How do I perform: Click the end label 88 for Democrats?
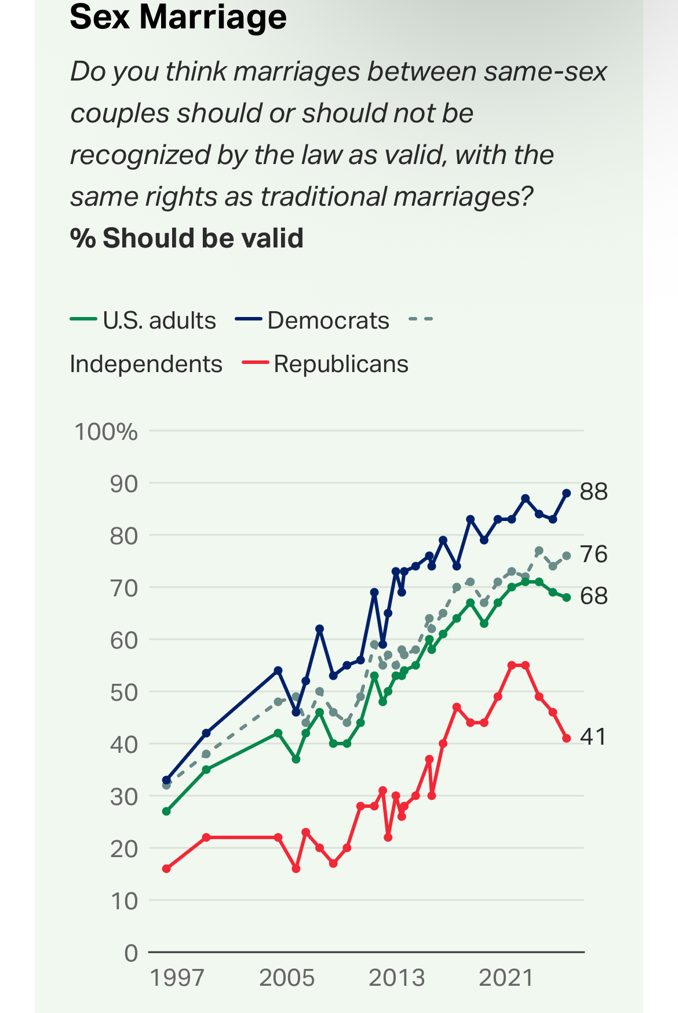(x=593, y=491)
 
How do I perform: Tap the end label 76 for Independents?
(x=593, y=554)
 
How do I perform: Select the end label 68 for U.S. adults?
(x=593, y=596)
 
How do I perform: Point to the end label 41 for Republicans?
(x=593, y=737)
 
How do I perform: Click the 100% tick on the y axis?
(x=106, y=432)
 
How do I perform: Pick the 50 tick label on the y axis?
(x=123, y=692)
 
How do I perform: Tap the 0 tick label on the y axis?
(x=131, y=953)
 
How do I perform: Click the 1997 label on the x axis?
(x=177, y=978)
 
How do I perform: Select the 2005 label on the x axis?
(x=287, y=978)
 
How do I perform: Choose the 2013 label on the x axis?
(x=396, y=978)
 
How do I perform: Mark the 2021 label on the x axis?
(x=506, y=978)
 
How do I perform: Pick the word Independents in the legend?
(x=146, y=364)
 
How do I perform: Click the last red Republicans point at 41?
(x=567, y=738)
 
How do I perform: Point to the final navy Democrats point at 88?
(x=567, y=493)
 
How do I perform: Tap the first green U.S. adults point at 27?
(x=166, y=811)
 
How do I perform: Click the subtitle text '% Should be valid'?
(x=187, y=238)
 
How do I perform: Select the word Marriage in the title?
(x=213, y=16)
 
